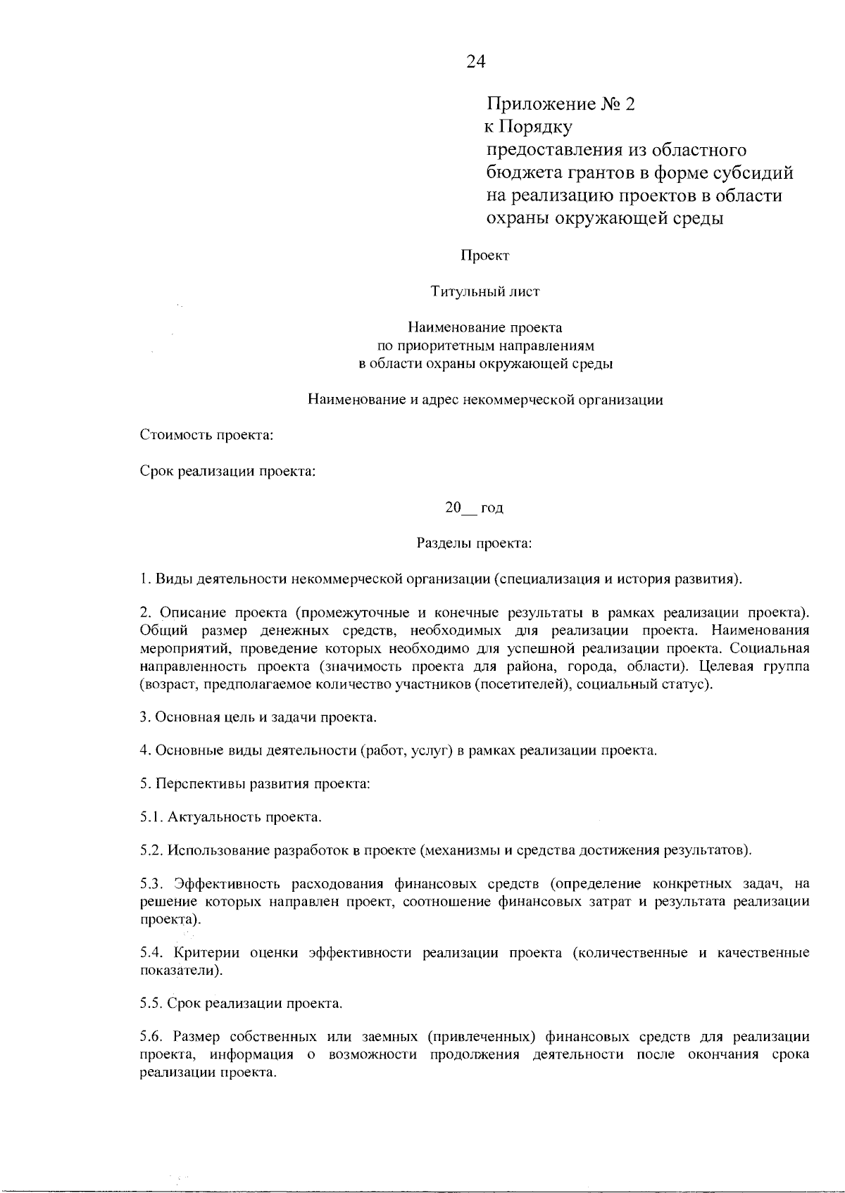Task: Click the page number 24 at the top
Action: (476, 62)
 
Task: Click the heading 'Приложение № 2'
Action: (561, 104)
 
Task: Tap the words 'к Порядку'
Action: (528, 127)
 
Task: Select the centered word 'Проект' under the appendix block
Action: (484, 255)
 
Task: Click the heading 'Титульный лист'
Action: (484, 291)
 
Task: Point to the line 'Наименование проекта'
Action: (484, 327)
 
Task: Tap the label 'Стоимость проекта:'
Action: (206, 434)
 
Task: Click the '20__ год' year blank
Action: (473, 507)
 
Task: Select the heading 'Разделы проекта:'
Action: (474, 543)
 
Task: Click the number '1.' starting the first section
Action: (145, 580)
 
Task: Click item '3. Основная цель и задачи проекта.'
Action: (258, 717)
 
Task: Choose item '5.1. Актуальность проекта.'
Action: (231, 817)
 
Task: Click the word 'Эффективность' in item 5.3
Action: (223, 884)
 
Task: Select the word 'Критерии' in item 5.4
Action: (204, 953)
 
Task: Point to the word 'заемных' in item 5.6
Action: (390, 1037)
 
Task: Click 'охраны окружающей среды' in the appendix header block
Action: (606, 218)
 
